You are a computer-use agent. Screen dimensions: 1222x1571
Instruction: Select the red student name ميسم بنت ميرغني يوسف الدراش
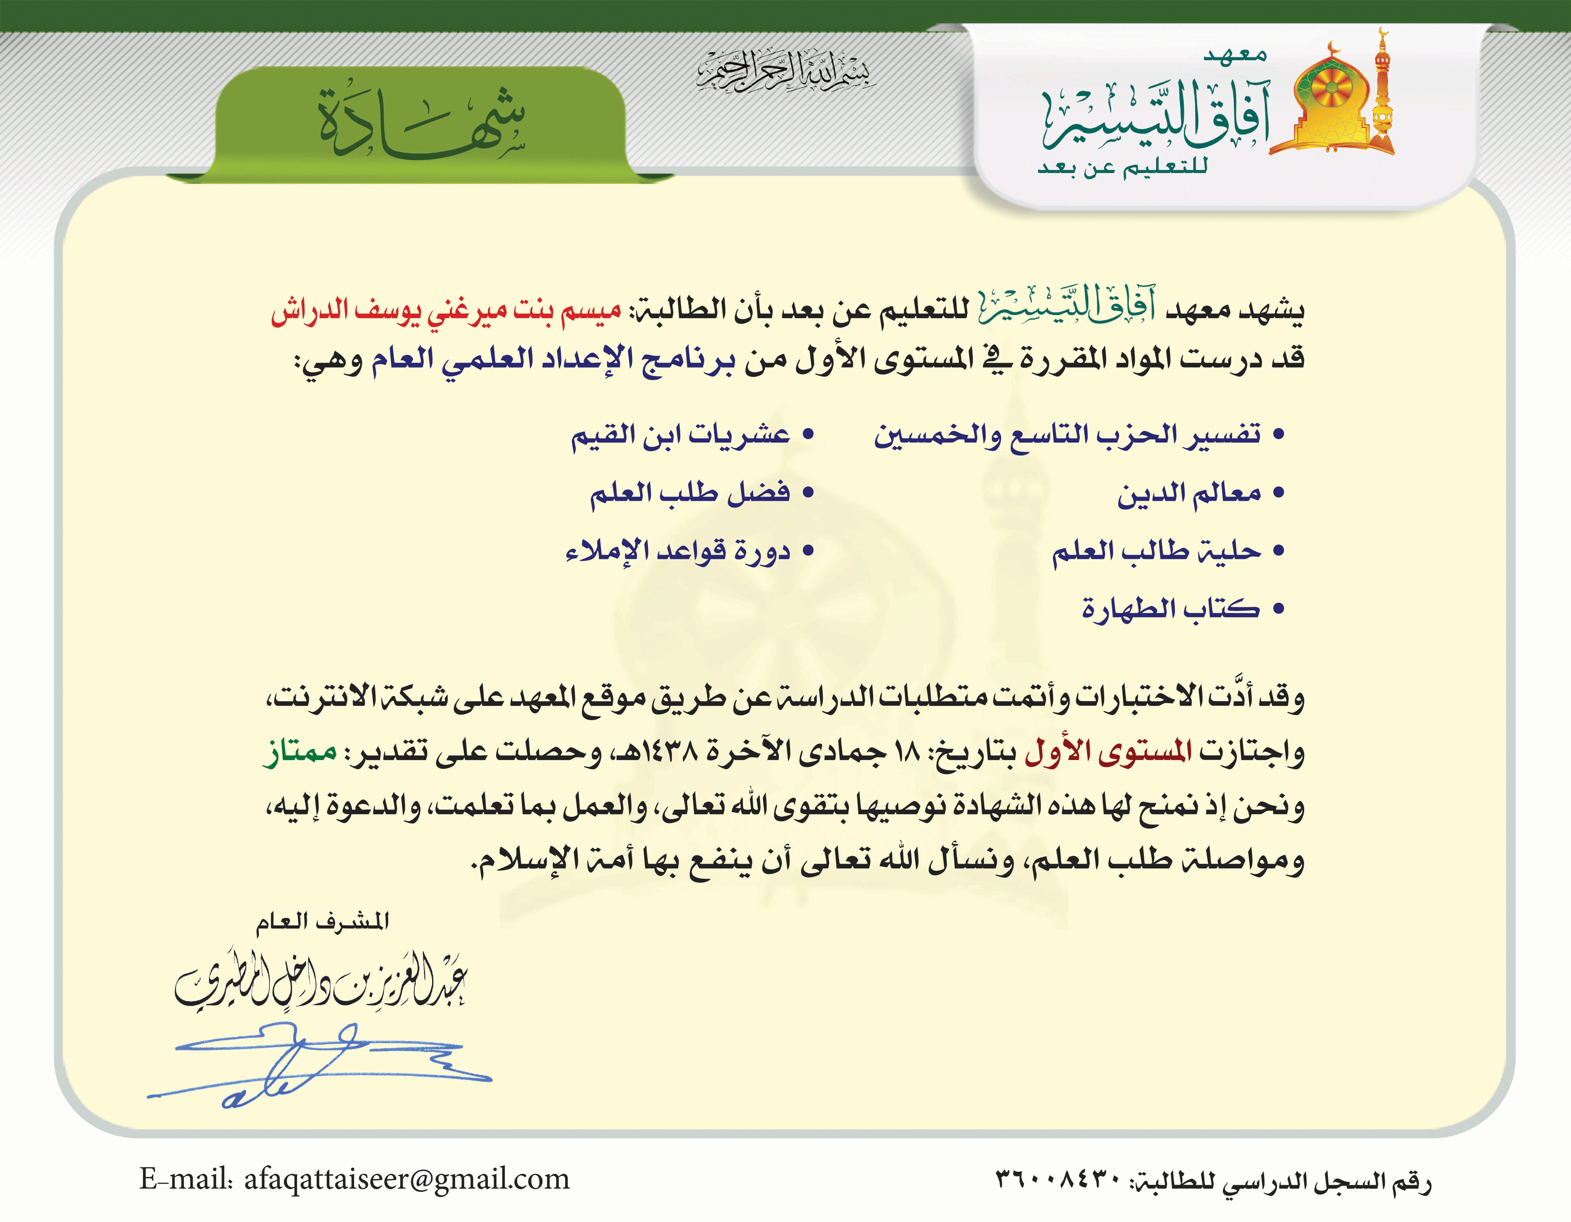tap(446, 311)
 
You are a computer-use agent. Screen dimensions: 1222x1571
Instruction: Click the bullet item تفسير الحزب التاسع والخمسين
tap(1068, 435)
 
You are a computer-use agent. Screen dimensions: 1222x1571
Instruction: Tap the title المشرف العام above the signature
tap(323, 922)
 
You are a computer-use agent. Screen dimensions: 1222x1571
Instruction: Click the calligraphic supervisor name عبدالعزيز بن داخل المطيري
tap(321, 983)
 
